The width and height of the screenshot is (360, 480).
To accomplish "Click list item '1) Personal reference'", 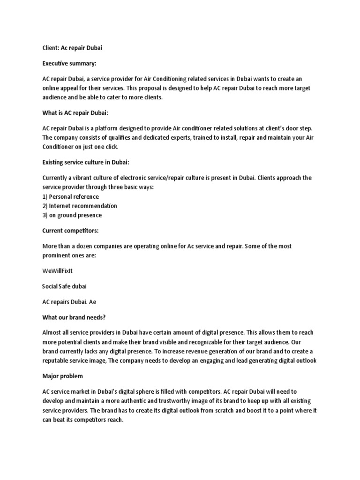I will (70, 196).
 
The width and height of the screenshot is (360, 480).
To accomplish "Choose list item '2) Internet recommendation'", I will (80, 206).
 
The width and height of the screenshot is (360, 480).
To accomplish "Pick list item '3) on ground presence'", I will (72, 215).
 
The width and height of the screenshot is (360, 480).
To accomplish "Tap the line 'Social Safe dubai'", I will (64, 286).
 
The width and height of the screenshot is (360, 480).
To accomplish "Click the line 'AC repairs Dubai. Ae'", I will (69, 302).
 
